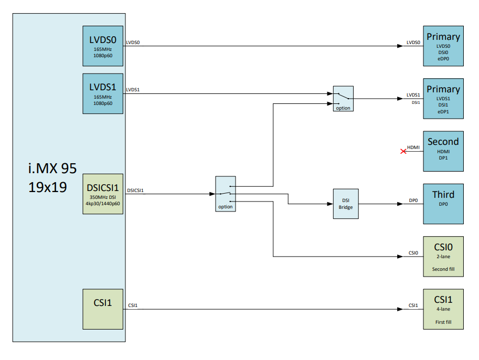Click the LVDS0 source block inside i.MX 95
[x=103, y=46]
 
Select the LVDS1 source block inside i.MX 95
[x=103, y=93]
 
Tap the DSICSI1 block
[x=103, y=194]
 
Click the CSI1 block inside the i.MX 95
[x=103, y=309]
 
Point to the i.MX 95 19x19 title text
[x=52, y=177]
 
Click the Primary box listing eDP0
[x=443, y=46]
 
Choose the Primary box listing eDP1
[x=443, y=98]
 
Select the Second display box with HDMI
[x=443, y=151]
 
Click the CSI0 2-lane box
[x=443, y=256]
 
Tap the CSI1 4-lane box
[x=443, y=309]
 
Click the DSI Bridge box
[x=346, y=204]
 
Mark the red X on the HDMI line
[x=403, y=151]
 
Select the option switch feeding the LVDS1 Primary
[x=343, y=98]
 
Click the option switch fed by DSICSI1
[x=226, y=194]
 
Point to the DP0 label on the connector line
[x=414, y=200]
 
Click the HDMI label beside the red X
[x=414, y=147]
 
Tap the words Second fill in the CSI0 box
[x=443, y=269]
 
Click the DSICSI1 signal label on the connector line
[x=136, y=190]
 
